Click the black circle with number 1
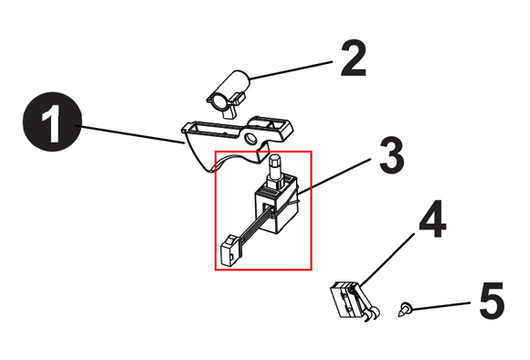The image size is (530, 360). pyautogui.click(x=52, y=122)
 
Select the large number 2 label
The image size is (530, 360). pyautogui.click(x=354, y=58)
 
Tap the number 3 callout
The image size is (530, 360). pyautogui.click(x=391, y=155)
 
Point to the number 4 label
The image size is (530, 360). pyautogui.click(x=432, y=218)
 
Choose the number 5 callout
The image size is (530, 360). pyautogui.click(x=493, y=301)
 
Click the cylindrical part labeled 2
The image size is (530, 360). pyautogui.click(x=228, y=94)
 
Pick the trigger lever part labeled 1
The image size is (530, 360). pyautogui.click(x=237, y=142)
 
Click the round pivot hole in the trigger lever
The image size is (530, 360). pyautogui.click(x=250, y=138)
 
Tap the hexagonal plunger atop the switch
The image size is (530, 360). pyautogui.click(x=275, y=168)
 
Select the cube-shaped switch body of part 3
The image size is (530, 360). pyautogui.click(x=275, y=206)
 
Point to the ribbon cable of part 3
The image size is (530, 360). pyautogui.click(x=253, y=227)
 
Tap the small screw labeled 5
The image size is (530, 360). pyautogui.click(x=405, y=309)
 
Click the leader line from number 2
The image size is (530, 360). pyautogui.click(x=291, y=70)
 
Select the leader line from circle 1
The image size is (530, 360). pyautogui.click(x=132, y=134)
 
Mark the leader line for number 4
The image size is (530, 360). pyautogui.click(x=387, y=259)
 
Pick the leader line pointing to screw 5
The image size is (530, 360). pyautogui.click(x=440, y=305)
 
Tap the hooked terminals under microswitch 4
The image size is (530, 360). pyautogui.click(x=372, y=313)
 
